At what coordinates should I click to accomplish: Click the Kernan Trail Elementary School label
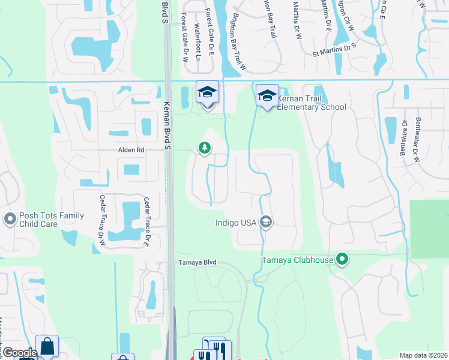[x=312, y=103]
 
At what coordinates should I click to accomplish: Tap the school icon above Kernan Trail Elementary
[x=267, y=95]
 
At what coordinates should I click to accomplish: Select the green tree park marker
[x=205, y=148]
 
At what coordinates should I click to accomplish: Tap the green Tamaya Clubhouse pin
[x=342, y=260]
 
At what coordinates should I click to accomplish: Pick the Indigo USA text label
[x=235, y=223]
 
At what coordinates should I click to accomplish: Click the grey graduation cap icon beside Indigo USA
[x=266, y=223]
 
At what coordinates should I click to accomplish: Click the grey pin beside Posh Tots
[x=9, y=219]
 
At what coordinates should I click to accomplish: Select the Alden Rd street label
[x=131, y=150]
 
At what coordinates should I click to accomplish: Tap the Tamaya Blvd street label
[x=196, y=263]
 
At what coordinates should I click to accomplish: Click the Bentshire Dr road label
[x=403, y=139]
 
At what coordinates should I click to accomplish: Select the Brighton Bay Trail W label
[x=239, y=43]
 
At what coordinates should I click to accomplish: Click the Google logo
[x=20, y=353]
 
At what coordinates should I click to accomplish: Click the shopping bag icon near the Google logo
[x=47, y=346]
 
